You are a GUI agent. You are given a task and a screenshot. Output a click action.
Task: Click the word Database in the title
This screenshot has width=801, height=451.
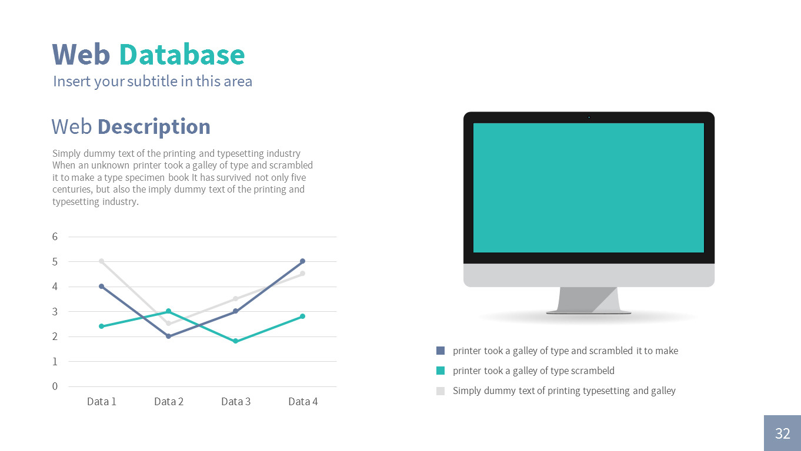click(182, 55)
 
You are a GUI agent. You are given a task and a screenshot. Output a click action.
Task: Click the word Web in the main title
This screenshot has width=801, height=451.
click(81, 55)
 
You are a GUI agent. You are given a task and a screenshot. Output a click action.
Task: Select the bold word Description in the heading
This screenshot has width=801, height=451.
click(153, 127)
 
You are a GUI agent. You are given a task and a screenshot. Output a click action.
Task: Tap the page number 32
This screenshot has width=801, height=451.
click(782, 433)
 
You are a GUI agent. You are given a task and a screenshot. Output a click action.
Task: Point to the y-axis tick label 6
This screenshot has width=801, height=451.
click(55, 237)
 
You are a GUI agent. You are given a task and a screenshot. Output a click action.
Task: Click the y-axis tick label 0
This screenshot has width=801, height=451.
click(55, 386)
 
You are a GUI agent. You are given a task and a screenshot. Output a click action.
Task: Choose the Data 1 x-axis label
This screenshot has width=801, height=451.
click(102, 402)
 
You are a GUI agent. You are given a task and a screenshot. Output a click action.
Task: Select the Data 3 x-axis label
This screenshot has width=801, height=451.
click(236, 402)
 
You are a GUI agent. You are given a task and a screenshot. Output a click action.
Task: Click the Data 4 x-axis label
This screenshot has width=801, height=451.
click(303, 402)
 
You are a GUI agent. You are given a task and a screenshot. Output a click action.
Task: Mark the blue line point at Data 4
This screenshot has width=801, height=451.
click(302, 261)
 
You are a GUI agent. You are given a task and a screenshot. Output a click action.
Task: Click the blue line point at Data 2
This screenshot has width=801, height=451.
click(169, 336)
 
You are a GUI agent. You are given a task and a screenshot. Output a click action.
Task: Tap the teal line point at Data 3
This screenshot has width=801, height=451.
click(236, 341)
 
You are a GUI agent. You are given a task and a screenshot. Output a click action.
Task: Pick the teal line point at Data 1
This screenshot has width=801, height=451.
click(102, 326)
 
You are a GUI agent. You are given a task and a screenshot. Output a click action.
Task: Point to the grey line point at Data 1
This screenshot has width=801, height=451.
click(102, 261)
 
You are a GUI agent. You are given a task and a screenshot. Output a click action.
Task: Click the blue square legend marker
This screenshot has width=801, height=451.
click(440, 351)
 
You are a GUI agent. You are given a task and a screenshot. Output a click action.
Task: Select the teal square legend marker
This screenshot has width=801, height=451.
click(440, 371)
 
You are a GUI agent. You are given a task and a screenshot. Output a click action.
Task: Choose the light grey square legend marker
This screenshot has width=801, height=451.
click(440, 391)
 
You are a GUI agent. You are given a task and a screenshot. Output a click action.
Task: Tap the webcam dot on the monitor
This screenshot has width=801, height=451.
click(589, 117)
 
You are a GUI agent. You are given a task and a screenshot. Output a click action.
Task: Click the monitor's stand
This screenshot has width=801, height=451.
click(589, 301)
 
